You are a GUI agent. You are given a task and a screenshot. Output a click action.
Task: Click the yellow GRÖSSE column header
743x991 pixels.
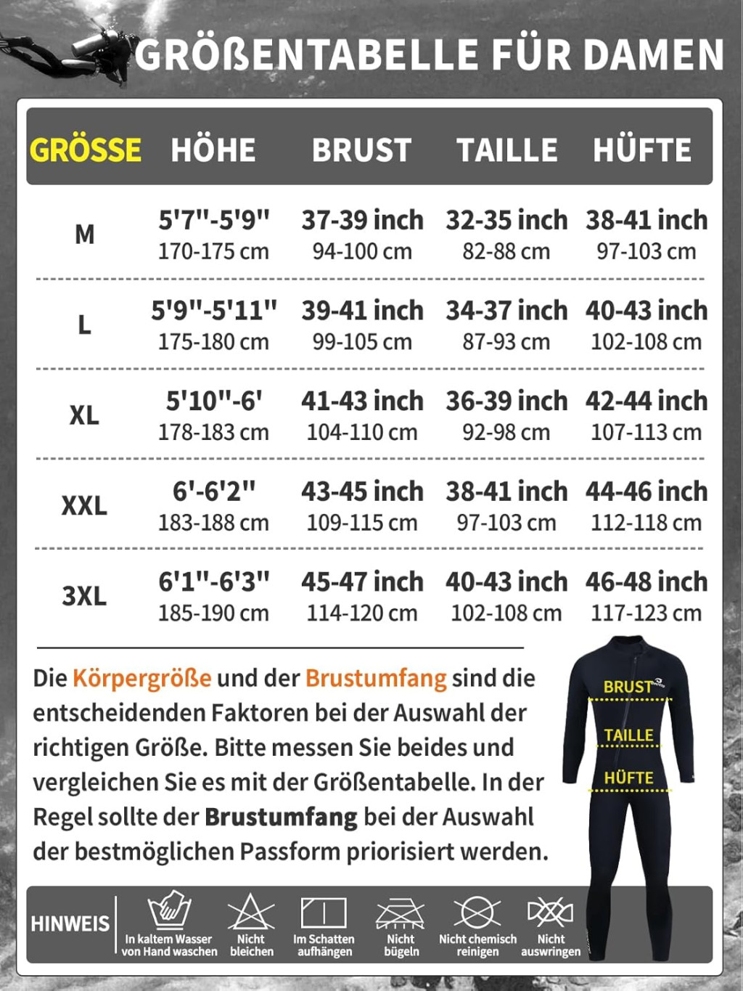point(85,150)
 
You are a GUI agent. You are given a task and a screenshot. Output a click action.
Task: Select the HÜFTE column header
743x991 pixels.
point(642,150)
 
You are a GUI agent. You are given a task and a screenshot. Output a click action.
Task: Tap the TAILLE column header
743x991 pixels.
point(506,150)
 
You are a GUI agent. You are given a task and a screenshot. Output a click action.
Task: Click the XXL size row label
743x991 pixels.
point(84,505)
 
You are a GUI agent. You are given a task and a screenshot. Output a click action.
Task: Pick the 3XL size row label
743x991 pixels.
point(84,595)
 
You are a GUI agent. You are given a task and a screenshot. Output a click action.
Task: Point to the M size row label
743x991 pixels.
point(84,234)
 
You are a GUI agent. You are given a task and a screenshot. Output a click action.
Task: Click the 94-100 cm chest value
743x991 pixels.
point(362,251)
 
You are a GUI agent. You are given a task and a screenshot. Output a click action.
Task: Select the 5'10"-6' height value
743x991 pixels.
point(214,400)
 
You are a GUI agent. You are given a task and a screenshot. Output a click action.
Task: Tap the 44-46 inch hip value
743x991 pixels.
point(646,491)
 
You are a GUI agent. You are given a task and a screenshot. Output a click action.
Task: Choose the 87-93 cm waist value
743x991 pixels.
point(506,341)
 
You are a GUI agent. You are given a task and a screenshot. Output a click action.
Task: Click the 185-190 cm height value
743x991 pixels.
point(213,613)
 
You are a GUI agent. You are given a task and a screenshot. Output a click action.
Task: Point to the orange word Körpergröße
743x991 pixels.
point(142,677)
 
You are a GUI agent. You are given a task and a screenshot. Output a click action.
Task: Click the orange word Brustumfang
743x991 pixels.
point(376,677)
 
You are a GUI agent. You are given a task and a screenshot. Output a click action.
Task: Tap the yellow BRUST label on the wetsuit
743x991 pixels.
point(627,686)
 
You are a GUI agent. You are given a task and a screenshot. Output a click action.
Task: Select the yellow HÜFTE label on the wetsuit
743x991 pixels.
point(628,778)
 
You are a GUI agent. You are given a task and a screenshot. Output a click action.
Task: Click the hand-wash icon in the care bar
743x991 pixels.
point(169,910)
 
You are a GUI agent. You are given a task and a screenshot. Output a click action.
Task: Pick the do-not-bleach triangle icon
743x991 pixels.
point(251,912)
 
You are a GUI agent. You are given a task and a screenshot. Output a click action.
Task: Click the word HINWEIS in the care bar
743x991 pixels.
point(70,923)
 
